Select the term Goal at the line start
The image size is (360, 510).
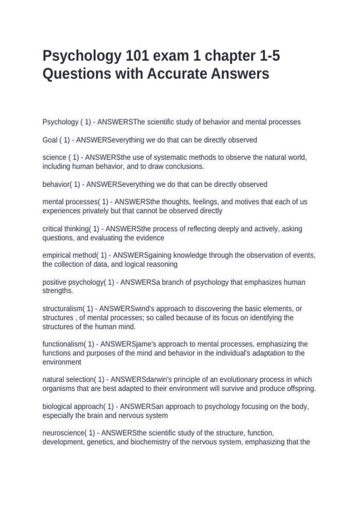50,140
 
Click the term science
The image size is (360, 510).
54,157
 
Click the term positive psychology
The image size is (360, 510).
73,282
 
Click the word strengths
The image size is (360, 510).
58,291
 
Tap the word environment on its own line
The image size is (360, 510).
62,362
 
